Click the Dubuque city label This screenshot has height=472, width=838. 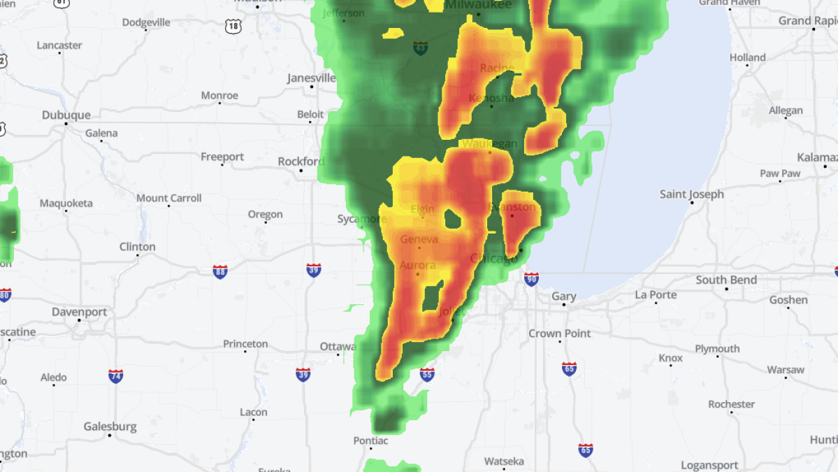(66, 115)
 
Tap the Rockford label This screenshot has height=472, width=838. (301, 162)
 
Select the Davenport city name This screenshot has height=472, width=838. (79, 312)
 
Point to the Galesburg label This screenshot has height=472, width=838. (110, 426)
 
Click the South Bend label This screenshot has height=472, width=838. (725, 280)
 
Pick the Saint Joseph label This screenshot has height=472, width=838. (692, 194)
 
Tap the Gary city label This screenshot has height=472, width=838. (564, 296)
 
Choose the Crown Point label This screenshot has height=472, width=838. (559, 334)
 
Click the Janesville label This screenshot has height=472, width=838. (311, 78)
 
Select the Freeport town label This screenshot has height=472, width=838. (222, 157)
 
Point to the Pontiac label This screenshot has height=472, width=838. (370, 441)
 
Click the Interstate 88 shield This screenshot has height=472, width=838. (220, 271)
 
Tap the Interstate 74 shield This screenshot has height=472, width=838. (116, 376)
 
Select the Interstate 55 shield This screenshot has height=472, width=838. (427, 375)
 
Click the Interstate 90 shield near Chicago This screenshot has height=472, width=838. (531, 279)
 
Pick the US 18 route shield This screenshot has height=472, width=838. (233, 26)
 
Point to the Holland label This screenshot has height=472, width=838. (747, 57)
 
